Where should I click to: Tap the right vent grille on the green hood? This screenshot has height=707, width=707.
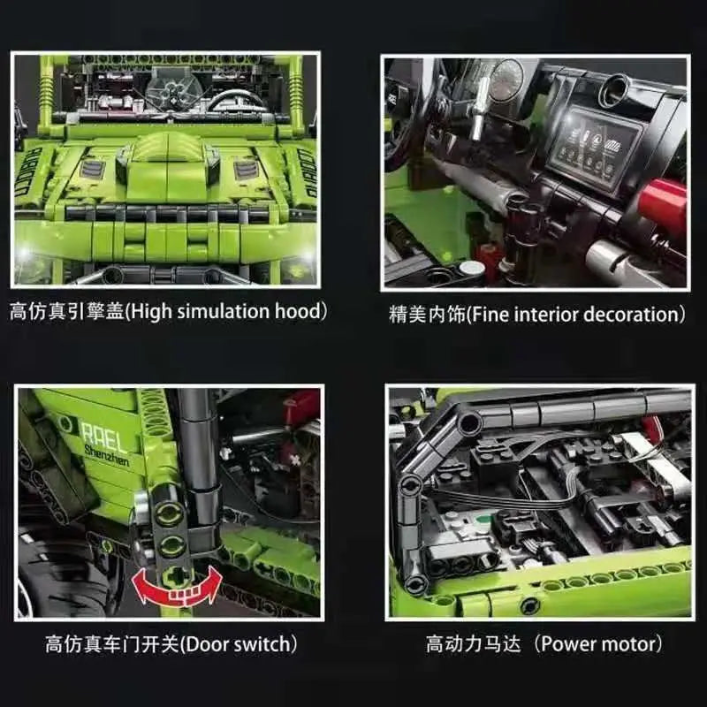click(x=246, y=168)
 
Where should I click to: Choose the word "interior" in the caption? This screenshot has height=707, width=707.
click(x=541, y=314)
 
